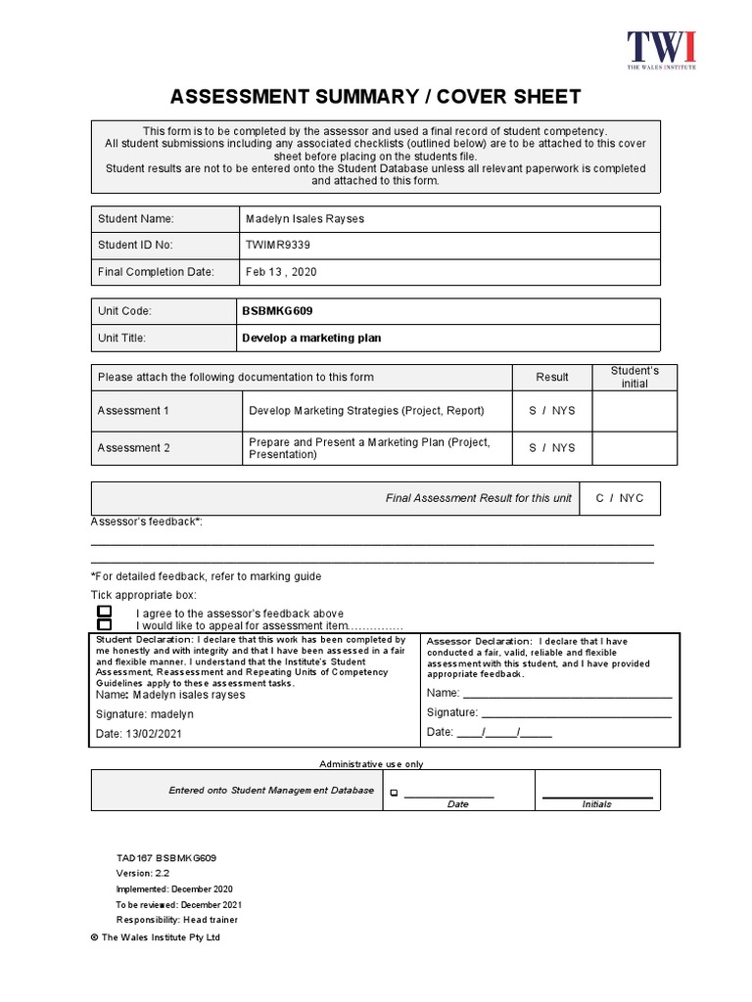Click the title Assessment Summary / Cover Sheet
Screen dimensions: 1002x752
coord(376,97)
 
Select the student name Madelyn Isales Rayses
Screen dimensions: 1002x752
coord(304,219)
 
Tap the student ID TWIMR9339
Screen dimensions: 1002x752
coord(278,245)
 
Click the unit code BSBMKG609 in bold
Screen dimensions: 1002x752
coord(277,311)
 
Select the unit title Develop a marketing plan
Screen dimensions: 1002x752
coord(311,338)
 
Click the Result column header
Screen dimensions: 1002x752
coord(552,377)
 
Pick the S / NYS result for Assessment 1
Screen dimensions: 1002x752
coord(552,411)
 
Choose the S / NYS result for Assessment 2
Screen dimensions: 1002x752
coord(552,448)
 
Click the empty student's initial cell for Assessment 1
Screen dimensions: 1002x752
coord(634,411)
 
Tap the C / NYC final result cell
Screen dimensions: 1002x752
coord(620,498)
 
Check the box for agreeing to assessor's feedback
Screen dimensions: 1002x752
coord(105,612)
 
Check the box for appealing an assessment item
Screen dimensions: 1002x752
coord(105,625)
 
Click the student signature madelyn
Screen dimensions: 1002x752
coord(172,714)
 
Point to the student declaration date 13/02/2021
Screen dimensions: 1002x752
coord(154,734)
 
